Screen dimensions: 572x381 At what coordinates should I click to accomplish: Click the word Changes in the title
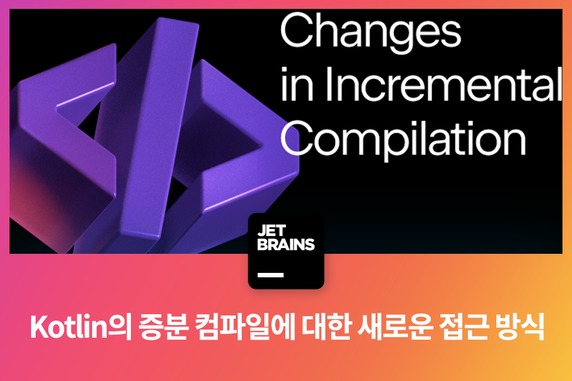point(371,32)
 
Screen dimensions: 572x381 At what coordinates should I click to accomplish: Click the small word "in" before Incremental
point(297,85)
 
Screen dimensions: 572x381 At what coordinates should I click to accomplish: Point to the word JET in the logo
point(271,231)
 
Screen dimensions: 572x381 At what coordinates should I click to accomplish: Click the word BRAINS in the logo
point(285,244)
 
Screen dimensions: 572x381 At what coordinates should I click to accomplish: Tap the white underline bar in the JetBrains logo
point(270,275)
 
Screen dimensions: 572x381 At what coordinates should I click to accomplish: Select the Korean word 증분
point(163,327)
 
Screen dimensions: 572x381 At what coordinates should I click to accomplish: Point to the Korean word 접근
point(464,327)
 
